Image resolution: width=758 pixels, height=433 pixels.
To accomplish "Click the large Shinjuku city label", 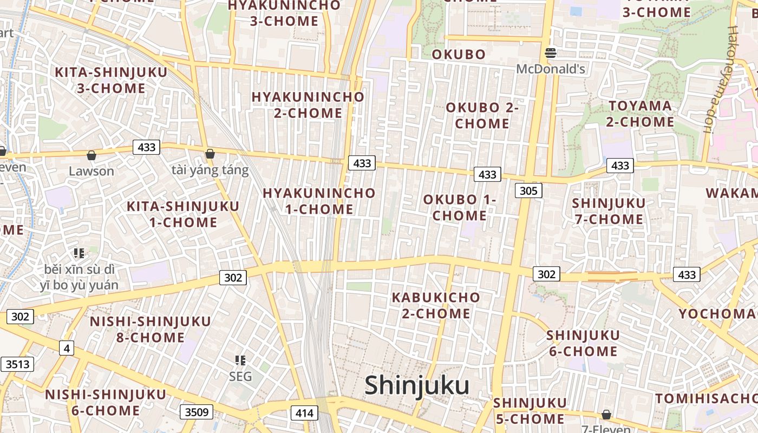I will point(416,386).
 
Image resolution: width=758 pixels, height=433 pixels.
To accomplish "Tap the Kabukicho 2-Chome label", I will point(436,305).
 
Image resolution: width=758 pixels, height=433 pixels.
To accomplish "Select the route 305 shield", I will point(528,190).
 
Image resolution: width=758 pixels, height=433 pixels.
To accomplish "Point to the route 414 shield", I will point(304,414).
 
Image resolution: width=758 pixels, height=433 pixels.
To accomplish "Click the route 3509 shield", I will point(196,412).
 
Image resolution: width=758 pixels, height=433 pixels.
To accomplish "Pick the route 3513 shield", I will point(17,364).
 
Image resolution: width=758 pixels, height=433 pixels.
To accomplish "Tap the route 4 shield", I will point(67,348).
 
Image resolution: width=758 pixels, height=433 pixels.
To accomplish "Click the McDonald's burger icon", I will point(551,53).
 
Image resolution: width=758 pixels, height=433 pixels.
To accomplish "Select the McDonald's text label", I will point(551,69).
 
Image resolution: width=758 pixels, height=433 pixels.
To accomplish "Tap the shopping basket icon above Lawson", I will point(92,156).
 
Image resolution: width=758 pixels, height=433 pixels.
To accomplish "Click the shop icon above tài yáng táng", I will point(210,154).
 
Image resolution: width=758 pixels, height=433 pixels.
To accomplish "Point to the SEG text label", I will point(240,376).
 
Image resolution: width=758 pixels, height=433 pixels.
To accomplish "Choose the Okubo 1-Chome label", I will point(460,207).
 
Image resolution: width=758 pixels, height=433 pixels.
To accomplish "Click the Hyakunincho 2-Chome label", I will point(308,105).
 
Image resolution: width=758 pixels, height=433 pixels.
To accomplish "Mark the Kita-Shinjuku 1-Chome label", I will point(183,214).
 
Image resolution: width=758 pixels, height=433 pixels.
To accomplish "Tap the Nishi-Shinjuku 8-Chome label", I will point(151,329).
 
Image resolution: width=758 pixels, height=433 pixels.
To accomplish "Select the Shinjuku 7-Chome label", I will point(609,211).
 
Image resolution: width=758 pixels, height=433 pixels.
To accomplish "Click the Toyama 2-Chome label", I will point(640,114).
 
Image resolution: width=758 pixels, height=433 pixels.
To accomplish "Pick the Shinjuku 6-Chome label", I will point(583,343).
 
